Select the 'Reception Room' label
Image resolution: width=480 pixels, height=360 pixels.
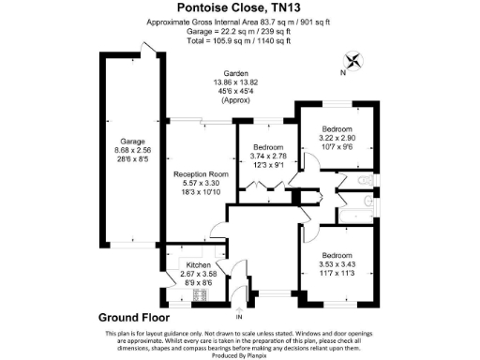tap(200, 174)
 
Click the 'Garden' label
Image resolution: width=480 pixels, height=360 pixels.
tap(235, 74)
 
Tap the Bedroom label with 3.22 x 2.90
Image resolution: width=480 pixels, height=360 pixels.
tap(337, 127)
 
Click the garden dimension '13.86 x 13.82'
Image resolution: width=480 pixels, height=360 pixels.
tap(235, 82)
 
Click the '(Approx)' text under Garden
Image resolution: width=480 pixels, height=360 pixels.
tap(235, 100)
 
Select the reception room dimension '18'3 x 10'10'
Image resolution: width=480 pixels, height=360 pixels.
tap(200, 191)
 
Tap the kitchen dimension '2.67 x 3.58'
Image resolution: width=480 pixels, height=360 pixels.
tap(198, 274)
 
